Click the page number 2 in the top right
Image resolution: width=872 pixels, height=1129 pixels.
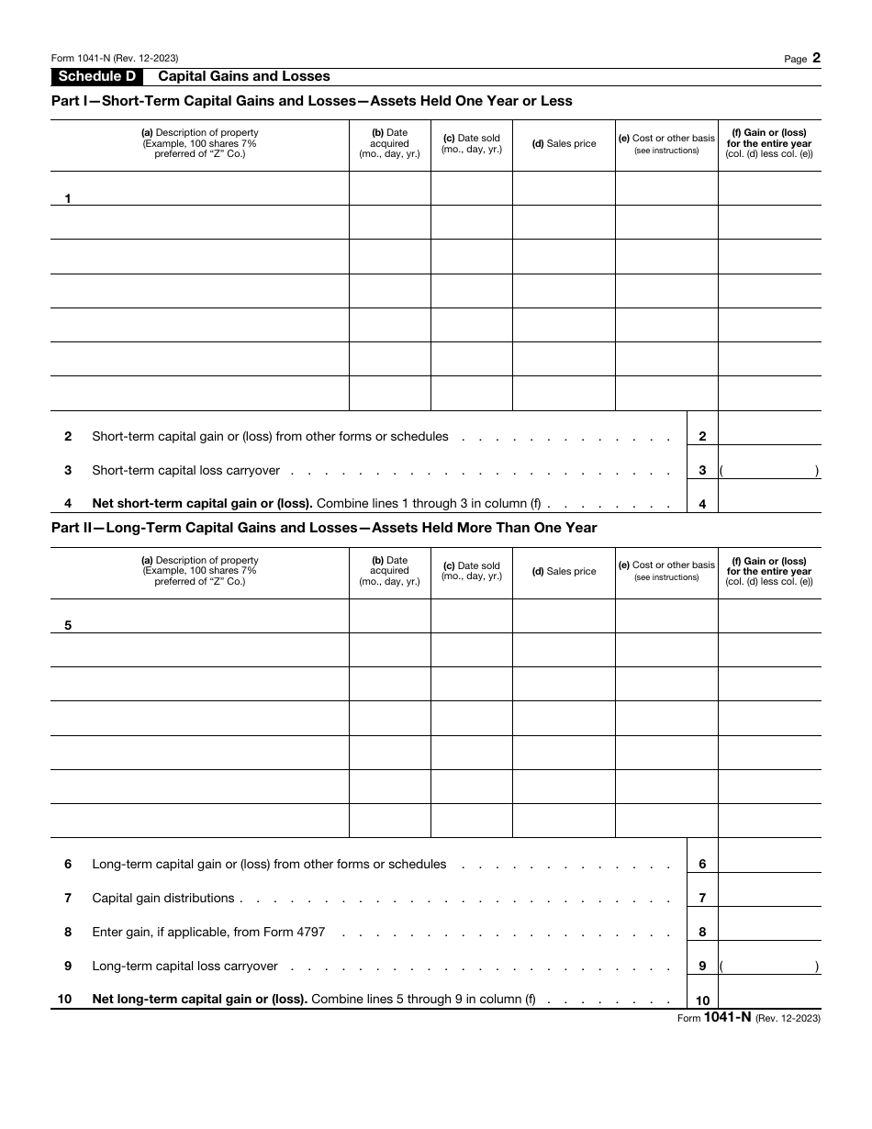click(x=816, y=58)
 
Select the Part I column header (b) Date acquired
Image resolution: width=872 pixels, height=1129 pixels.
click(x=389, y=144)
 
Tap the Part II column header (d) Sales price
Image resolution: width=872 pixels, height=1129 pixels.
click(x=564, y=572)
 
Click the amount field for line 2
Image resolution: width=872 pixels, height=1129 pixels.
click(x=769, y=436)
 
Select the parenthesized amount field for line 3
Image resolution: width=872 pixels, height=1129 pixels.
click(x=769, y=471)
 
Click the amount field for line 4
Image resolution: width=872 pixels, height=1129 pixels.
click(x=769, y=504)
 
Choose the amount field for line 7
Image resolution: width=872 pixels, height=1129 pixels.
click(x=769, y=898)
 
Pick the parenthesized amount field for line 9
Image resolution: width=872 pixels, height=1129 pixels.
click(x=769, y=967)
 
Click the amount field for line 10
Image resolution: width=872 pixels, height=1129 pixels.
click(x=769, y=1000)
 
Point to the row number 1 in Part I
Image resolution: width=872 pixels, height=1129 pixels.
click(x=68, y=198)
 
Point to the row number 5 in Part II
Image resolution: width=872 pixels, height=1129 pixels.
click(x=68, y=626)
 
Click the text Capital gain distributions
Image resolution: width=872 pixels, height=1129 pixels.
click(x=163, y=898)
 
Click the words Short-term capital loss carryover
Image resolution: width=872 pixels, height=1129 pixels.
click(x=186, y=471)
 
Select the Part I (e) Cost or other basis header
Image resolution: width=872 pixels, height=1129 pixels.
click(x=665, y=143)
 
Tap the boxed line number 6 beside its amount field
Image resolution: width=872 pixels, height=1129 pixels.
click(x=702, y=865)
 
